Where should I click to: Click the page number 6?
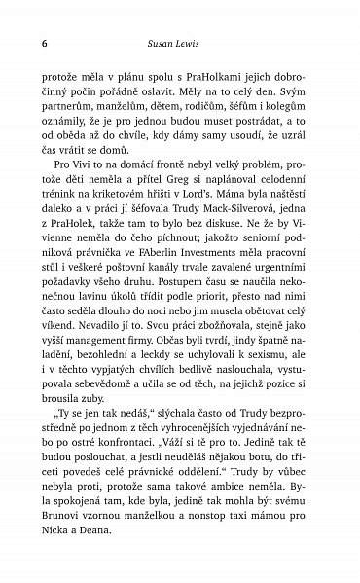[44, 45]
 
